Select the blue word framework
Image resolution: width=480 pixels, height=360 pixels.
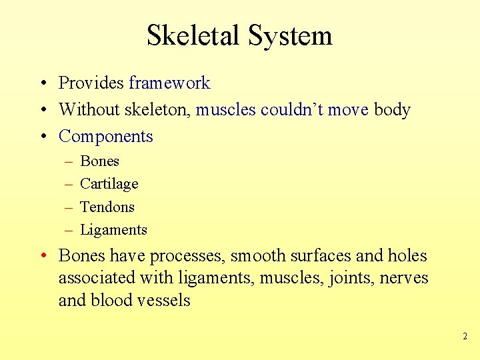[169, 83]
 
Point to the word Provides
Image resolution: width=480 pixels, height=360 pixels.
[91, 83]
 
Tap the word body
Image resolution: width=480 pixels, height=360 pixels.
[392, 109]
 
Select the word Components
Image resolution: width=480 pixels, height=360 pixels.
[106, 136]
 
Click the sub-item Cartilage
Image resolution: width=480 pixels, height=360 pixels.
[109, 183]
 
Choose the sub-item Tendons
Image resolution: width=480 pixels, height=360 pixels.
[107, 207]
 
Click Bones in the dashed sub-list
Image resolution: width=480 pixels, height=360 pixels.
[99, 161]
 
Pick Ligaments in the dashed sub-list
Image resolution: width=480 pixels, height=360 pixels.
[113, 230]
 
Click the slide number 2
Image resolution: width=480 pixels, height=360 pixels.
[465, 337]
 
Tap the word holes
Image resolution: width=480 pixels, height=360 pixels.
[407, 256]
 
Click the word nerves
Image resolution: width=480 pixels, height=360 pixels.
[404, 278]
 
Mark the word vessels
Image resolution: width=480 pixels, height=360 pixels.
[163, 301]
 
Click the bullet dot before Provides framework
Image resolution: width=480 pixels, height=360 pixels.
[41, 84]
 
